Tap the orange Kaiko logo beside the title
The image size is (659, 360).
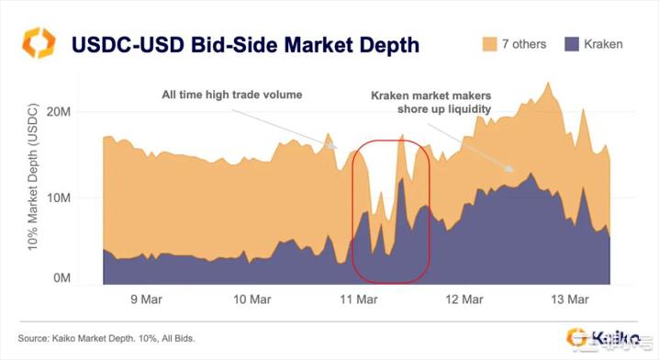pyautogui.click(x=39, y=42)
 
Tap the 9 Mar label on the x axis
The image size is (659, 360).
pyautogui.click(x=147, y=298)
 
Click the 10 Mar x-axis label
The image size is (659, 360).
pyautogui.click(x=252, y=298)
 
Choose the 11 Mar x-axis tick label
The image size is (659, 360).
pyautogui.click(x=359, y=298)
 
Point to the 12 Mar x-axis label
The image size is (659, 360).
pyautogui.click(x=464, y=298)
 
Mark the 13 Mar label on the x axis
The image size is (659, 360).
pyautogui.click(x=570, y=298)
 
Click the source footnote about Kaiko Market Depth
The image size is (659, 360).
pyautogui.click(x=109, y=339)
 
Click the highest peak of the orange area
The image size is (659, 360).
pyautogui.click(x=548, y=84)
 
